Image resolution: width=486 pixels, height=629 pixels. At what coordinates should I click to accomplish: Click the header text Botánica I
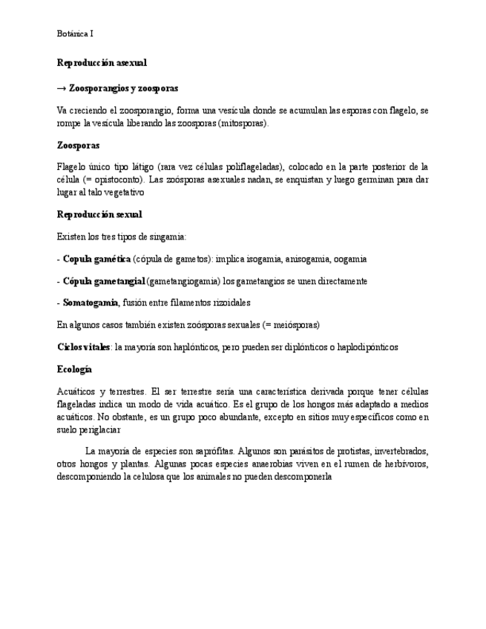(75, 33)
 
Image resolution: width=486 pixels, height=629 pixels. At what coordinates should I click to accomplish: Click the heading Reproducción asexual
(102, 63)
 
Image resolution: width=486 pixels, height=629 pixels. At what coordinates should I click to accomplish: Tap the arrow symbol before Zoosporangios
(62, 88)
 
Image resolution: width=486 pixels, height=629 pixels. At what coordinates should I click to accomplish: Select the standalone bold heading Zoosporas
(78, 145)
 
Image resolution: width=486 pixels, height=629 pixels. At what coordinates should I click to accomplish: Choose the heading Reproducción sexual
(99, 214)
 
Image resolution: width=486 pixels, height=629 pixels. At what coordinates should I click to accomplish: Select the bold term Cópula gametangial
(104, 281)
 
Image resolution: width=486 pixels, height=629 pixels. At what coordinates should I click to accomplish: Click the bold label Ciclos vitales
(83, 347)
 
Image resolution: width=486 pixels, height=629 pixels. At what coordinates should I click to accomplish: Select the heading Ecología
(74, 369)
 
